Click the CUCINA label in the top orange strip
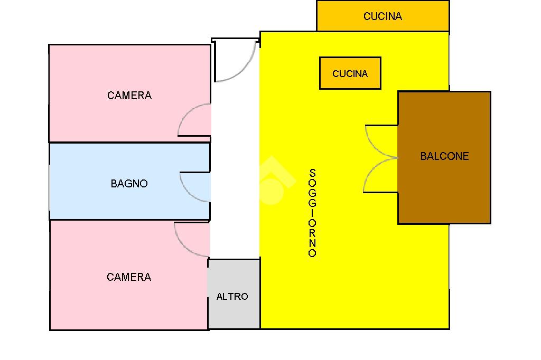click(x=383, y=16)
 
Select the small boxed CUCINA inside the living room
click(x=350, y=73)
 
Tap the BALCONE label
click(x=444, y=156)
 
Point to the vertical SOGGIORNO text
click(x=312, y=213)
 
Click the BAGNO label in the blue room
click(x=129, y=184)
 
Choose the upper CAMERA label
click(x=129, y=95)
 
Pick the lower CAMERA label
click(x=129, y=277)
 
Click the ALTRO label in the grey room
click(x=232, y=296)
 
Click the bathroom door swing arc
click(x=189, y=193)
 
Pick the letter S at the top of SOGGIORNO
click(x=312, y=173)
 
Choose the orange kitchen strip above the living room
click(x=383, y=16)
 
